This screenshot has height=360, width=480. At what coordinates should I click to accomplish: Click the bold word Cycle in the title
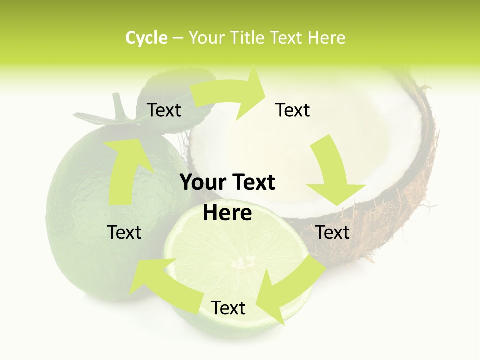146,38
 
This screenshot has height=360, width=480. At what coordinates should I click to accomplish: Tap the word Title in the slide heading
249,38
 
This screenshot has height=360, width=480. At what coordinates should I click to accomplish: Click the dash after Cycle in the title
178,38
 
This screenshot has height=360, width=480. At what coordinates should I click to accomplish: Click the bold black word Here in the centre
227,213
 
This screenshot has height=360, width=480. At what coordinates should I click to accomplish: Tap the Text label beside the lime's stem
164,110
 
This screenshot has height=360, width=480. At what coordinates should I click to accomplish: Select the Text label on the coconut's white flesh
293,110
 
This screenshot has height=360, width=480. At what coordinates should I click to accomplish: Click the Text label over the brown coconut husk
333,232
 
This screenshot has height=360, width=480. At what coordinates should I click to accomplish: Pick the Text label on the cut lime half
228,308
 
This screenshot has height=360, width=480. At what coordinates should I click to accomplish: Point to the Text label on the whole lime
124,232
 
